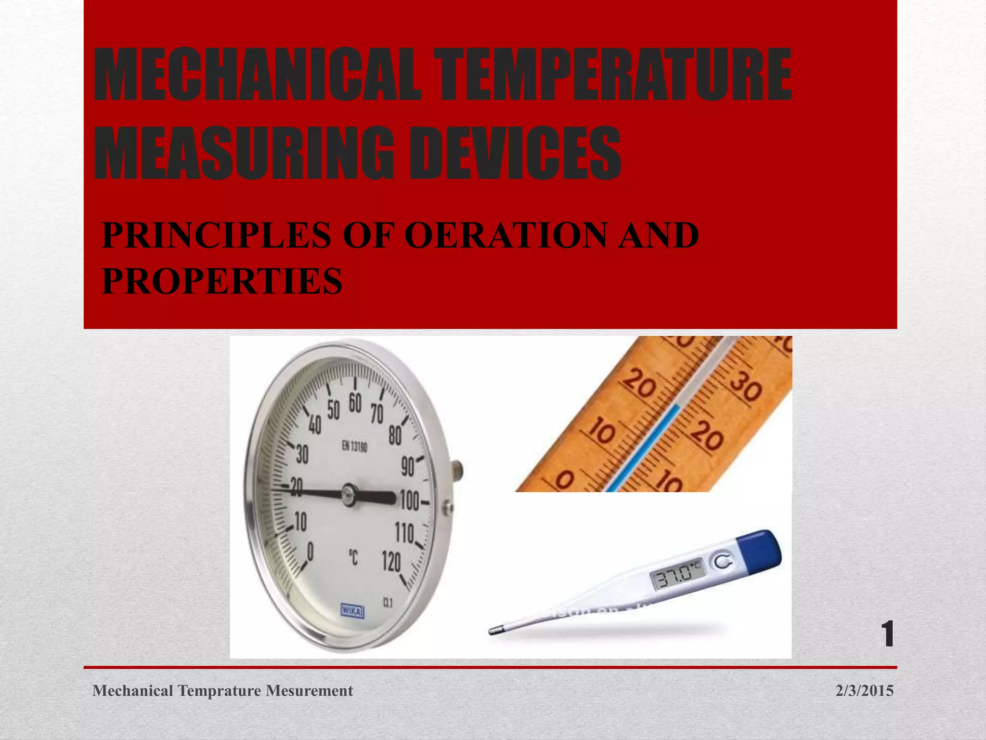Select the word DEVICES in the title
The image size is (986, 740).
515,153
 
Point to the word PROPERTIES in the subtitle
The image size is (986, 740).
222,281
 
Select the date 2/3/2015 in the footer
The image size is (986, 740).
864,691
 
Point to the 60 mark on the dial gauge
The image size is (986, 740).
355,403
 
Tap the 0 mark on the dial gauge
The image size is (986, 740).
311,552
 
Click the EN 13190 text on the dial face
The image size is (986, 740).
354,447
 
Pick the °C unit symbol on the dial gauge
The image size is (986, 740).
353,558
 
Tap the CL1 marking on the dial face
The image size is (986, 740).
388,602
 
